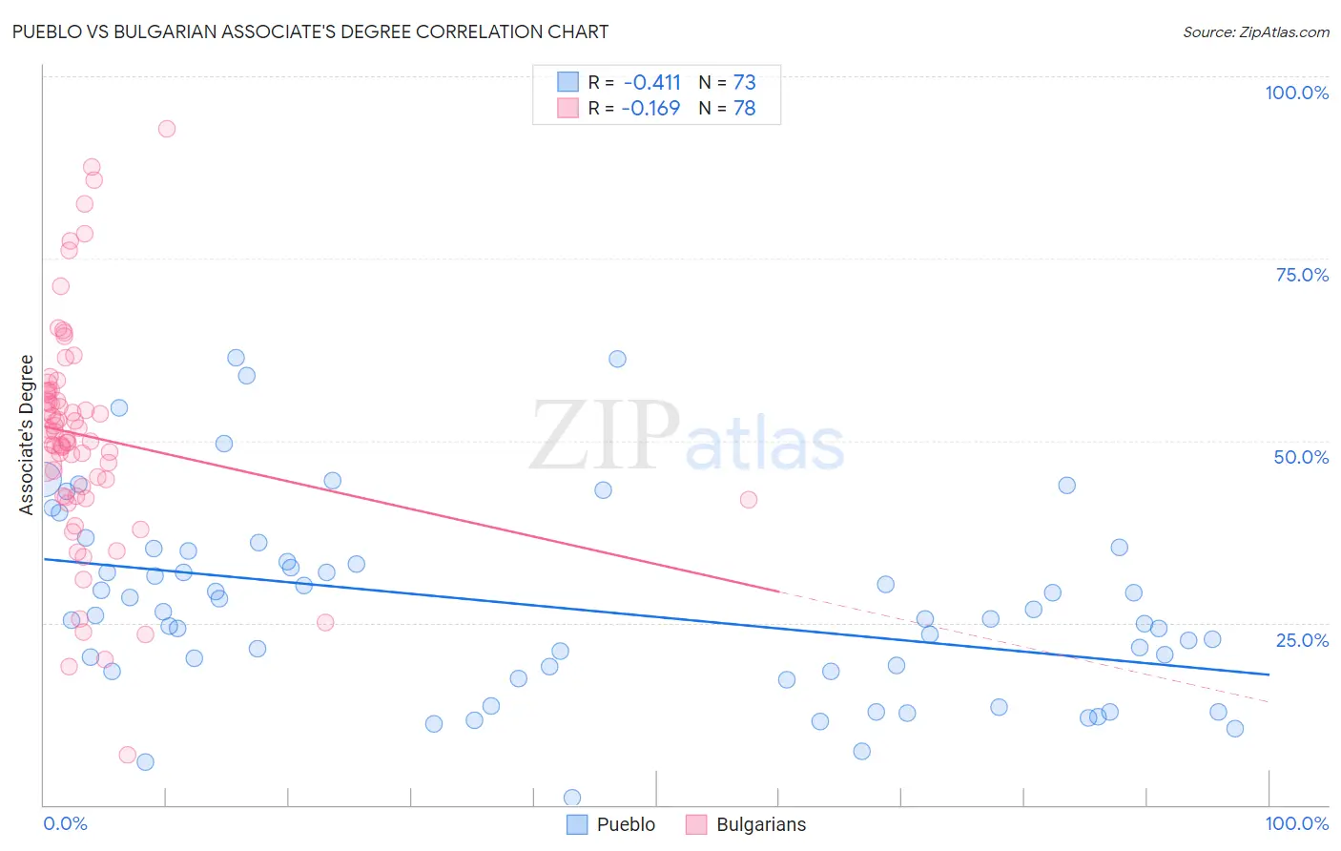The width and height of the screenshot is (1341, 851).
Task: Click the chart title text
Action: (310, 31)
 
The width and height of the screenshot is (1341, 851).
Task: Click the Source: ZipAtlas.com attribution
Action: (1255, 32)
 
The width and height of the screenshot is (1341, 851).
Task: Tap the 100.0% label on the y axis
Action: (1296, 93)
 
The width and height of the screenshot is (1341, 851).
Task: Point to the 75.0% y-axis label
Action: (1302, 275)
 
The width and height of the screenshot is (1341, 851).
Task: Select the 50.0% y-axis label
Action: (1301, 457)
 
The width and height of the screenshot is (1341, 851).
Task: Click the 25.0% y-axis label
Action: (1302, 640)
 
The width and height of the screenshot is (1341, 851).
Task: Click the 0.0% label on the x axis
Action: (65, 823)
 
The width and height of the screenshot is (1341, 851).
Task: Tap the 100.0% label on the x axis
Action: (1296, 823)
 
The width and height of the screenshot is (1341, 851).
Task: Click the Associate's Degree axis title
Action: (27, 435)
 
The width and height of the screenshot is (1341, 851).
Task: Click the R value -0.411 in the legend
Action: (651, 82)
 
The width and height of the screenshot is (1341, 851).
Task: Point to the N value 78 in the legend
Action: (744, 108)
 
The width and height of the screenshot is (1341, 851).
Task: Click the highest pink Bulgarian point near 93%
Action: (167, 129)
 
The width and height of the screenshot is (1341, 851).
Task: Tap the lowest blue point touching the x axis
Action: (572, 798)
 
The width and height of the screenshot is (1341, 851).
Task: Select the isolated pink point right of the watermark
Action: (749, 500)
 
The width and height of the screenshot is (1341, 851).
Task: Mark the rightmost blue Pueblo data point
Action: (1235, 729)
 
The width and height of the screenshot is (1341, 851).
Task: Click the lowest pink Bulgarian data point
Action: (127, 755)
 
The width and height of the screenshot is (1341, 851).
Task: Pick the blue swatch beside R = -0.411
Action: (567, 82)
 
